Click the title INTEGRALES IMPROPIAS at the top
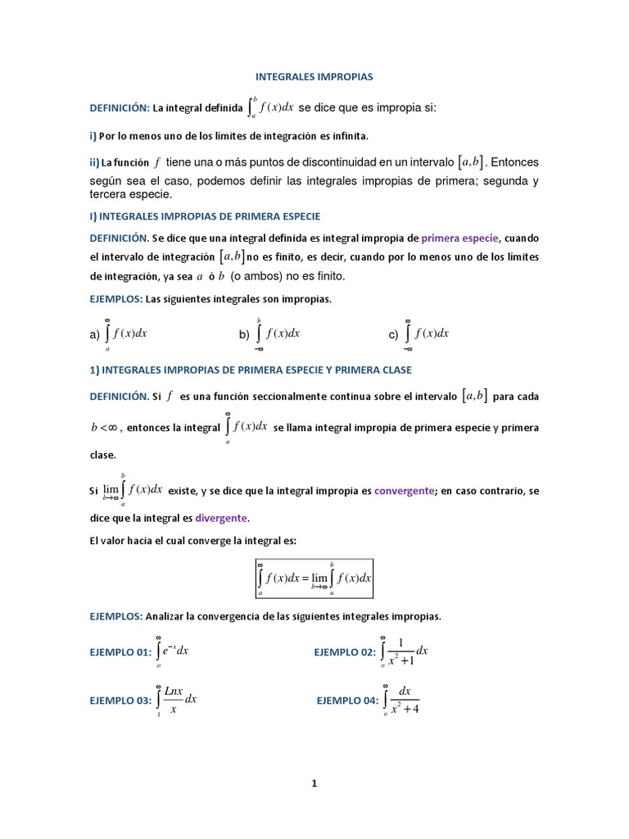tap(314, 76)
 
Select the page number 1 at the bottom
tap(314, 783)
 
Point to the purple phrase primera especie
tap(459, 238)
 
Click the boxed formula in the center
tap(314, 578)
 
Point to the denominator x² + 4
tap(405, 710)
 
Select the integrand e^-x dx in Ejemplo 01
tap(176, 651)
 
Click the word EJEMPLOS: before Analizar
tap(116, 615)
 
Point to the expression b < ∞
tap(106, 429)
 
